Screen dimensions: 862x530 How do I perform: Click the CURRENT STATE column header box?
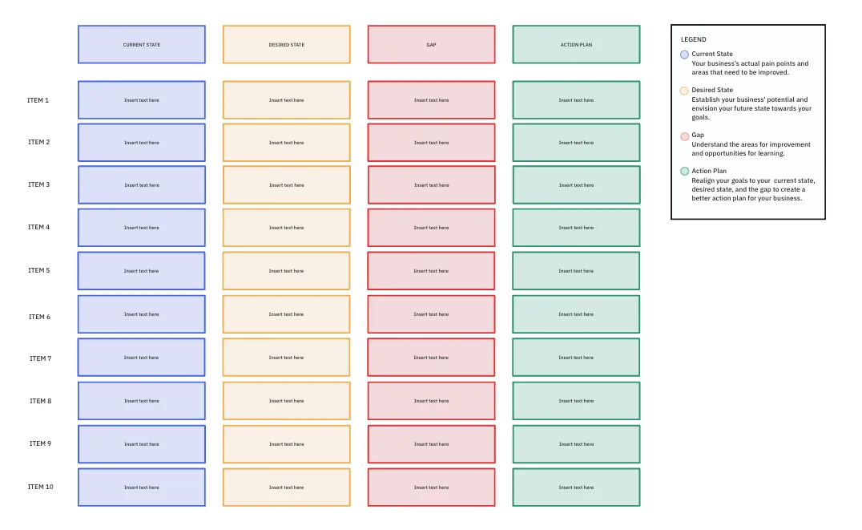142,45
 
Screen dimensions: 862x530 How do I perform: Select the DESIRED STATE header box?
287,45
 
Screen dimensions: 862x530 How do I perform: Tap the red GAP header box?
432,45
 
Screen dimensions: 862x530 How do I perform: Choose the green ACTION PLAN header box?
576,45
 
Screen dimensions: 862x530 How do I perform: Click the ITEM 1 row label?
38,100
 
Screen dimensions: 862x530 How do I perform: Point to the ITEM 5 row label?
39,270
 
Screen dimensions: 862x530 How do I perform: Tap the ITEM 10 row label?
41,487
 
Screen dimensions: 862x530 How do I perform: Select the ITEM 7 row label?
41,358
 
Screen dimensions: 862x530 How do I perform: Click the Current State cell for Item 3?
142,185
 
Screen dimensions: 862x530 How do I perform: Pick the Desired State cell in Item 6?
287,314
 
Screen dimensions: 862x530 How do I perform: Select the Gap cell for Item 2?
432,143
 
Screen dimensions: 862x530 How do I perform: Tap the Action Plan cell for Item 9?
576,444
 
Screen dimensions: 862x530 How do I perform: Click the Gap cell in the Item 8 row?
432,401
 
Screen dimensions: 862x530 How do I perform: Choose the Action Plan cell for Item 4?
576,227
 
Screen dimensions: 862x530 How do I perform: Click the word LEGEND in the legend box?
693,39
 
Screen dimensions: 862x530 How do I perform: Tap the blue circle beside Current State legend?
684,55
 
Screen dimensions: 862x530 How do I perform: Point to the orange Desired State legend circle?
684,91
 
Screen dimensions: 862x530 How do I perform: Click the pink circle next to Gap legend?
684,136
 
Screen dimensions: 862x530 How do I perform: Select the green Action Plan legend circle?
684,171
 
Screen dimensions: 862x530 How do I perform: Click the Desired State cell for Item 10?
287,487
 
